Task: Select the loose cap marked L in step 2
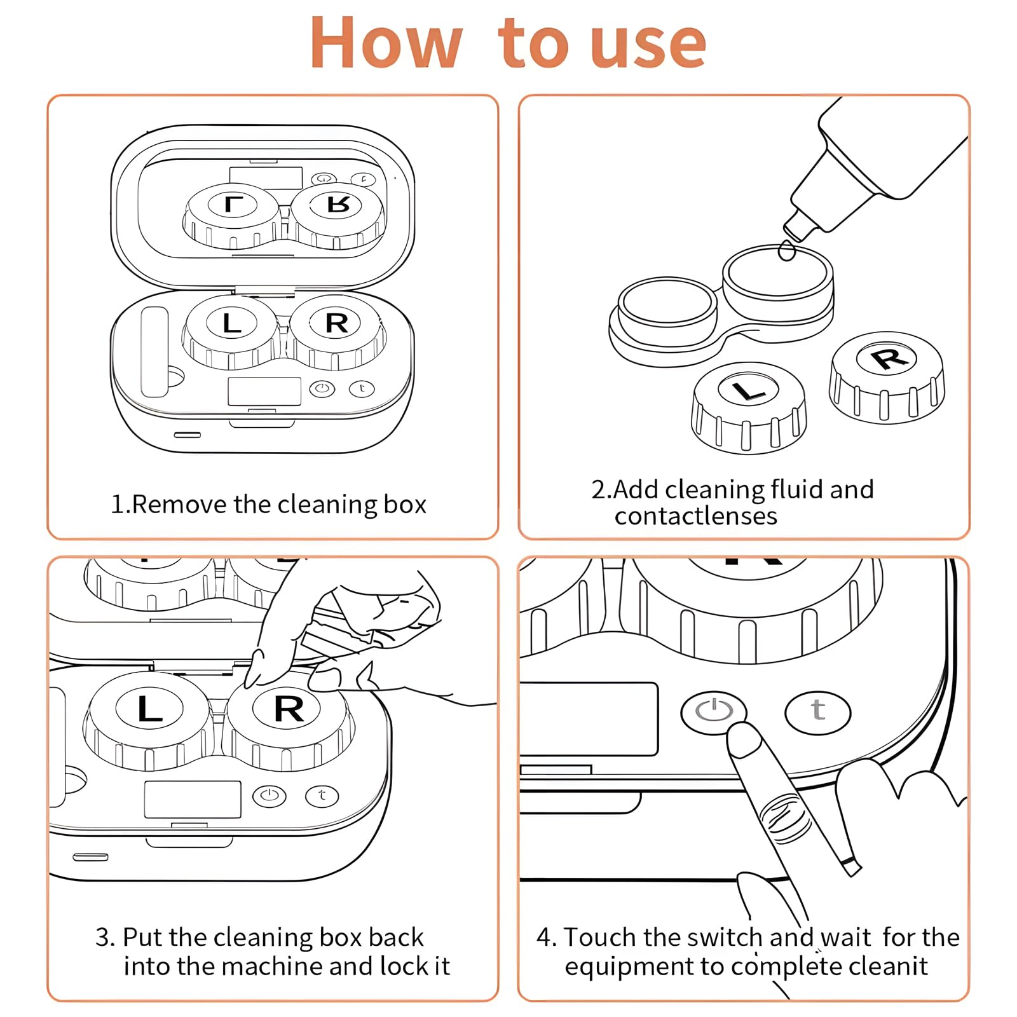click(748, 407)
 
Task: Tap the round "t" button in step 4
click(817, 712)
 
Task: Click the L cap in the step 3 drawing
click(150, 718)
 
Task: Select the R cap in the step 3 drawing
click(289, 718)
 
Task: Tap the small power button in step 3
click(270, 796)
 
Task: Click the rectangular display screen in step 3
click(193, 799)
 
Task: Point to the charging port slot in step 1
click(188, 435)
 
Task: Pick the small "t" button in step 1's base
click(362, 388)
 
